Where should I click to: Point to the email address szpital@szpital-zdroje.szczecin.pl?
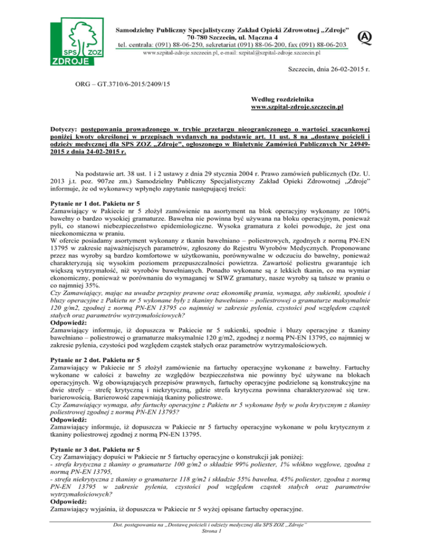[x=277, y=53]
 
